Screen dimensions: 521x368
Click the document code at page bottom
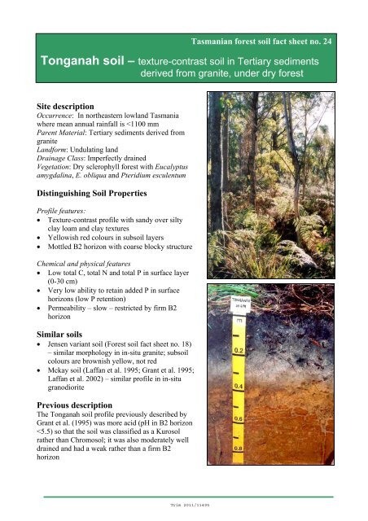tap(184, 505)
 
